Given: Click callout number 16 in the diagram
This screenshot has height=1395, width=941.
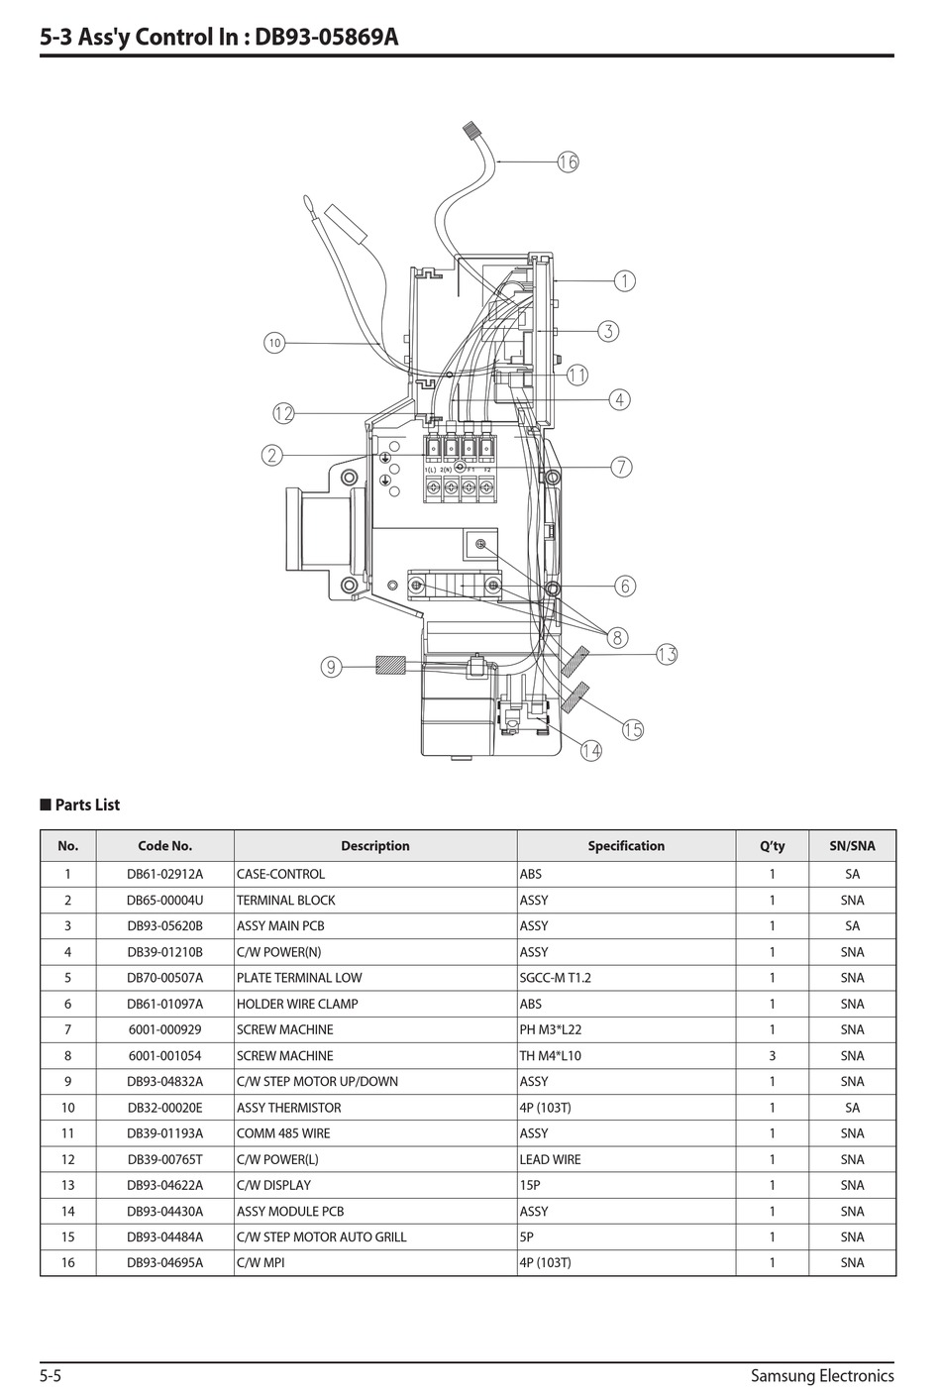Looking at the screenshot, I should click(x=568, y=161).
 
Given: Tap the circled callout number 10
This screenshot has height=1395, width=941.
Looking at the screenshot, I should click(x=274, y=343).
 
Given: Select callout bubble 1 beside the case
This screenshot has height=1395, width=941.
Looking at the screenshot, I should click(x=625, y=281).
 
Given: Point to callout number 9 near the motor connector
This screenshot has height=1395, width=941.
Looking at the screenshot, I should click(x=331, y=667).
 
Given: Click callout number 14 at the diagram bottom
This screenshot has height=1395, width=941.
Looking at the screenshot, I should click(x=590, y=750).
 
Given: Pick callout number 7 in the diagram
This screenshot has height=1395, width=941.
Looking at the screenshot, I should click(x=621, y=467).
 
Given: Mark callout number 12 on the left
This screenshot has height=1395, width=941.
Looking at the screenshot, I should click(x=283, y=413).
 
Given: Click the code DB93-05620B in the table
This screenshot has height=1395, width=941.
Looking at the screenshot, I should click(x=164, y=926).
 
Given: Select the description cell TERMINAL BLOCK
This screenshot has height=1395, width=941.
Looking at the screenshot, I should click(x=285, y=901).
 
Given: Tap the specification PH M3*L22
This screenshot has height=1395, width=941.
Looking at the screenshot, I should click(x=551, y=1029).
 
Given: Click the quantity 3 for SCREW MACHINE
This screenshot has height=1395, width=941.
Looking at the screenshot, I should click(x=772, y=1056).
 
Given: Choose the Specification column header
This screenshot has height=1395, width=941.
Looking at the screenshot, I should click(x=626, y=846).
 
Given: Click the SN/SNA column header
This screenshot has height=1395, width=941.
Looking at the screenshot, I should click(x=852, y=846).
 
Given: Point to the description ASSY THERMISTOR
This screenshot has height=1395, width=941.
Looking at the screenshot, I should click(x=288, y=1108).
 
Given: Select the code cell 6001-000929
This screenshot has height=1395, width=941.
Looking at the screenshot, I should click(x=164, y=1029).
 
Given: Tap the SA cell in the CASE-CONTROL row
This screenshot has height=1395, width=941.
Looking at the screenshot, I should click(x=852, y=874).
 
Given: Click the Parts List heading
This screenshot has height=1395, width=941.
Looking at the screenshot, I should click(x=86, y=805).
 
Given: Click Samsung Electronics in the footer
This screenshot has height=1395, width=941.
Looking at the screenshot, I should click(x=822, y=1375).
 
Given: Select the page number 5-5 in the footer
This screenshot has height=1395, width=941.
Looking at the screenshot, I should click(x=51, y=1375).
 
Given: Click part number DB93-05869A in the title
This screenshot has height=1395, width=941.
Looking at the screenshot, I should click(x=327, y=38).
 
